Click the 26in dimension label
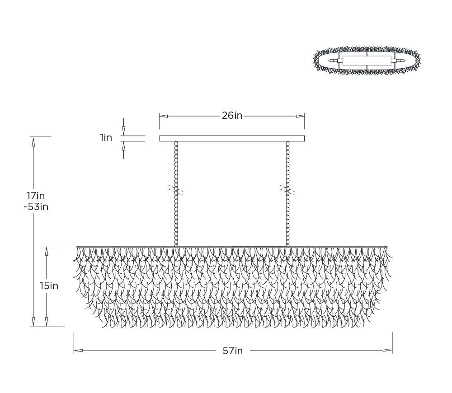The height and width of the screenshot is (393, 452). tap(232, 116)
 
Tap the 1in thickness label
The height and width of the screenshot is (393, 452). tap(106, 138)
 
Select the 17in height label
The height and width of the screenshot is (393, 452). tap(36, 196)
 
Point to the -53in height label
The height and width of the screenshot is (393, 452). tap(36, 207)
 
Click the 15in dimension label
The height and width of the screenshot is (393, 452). tap(49, 286)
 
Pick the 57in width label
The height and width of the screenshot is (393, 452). tap(233, 351)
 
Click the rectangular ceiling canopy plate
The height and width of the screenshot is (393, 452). tap(232, 139)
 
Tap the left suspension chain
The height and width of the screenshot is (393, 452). tap(176, 194)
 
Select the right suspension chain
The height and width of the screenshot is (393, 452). tap(287, 194)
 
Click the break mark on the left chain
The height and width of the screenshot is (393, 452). tap(176, 190)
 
